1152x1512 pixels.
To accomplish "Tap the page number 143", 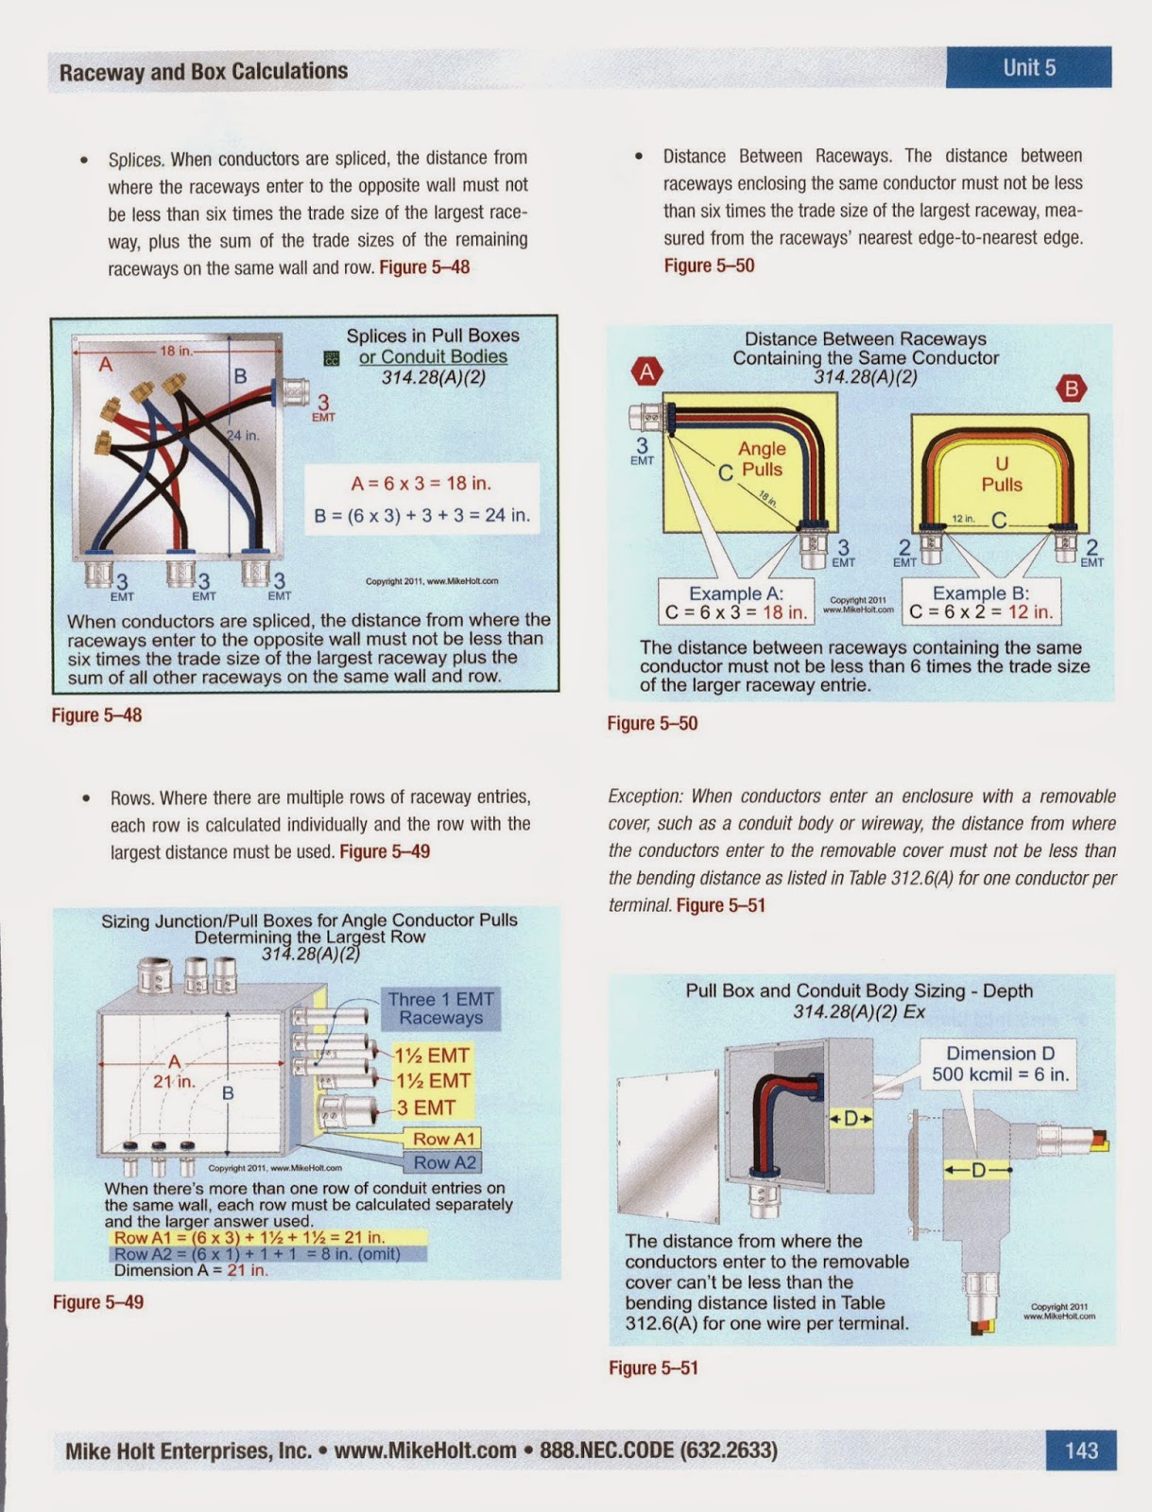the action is (1081, 1450).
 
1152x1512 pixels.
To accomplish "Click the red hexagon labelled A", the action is (647, 371).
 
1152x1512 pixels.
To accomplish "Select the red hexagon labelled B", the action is (1071, 388).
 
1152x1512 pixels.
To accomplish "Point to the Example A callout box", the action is (736, 603).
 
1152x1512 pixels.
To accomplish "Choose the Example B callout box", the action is (981, 603).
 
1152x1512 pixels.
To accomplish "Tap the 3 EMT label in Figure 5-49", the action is (425, 1108).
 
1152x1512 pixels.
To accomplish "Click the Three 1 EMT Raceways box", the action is (440, 1008).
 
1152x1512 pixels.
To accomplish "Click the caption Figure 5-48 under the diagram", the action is (96, 715).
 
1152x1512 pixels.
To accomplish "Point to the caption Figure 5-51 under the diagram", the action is (653, 1367).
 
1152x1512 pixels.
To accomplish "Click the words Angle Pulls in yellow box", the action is (762, 459).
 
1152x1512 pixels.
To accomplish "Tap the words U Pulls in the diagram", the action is (1002, 473).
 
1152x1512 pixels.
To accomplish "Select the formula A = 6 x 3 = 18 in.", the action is (421, 484).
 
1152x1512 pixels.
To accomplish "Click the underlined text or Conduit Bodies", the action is (433, 356).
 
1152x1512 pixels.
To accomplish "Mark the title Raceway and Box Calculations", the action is (203, 72).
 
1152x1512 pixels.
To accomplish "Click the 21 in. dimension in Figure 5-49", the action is (174, 1081).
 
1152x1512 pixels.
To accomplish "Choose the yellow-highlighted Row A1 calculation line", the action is (249, 1237).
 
